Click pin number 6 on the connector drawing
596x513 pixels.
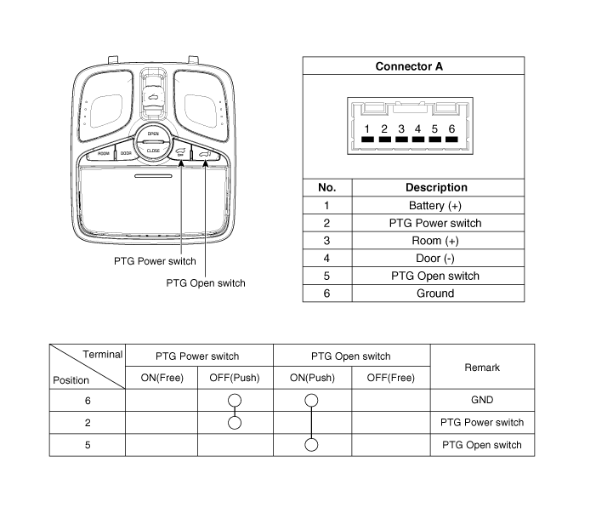451,128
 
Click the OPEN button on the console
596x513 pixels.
153,134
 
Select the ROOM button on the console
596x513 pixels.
104,154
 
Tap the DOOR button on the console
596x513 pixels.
126,154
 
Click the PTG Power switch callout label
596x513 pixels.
155,261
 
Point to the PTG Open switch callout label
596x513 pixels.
206,283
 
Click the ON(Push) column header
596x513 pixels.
312,378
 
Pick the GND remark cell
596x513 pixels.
482,400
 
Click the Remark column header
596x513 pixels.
482,367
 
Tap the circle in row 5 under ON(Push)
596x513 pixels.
312,445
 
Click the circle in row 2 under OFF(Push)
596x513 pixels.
235,422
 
